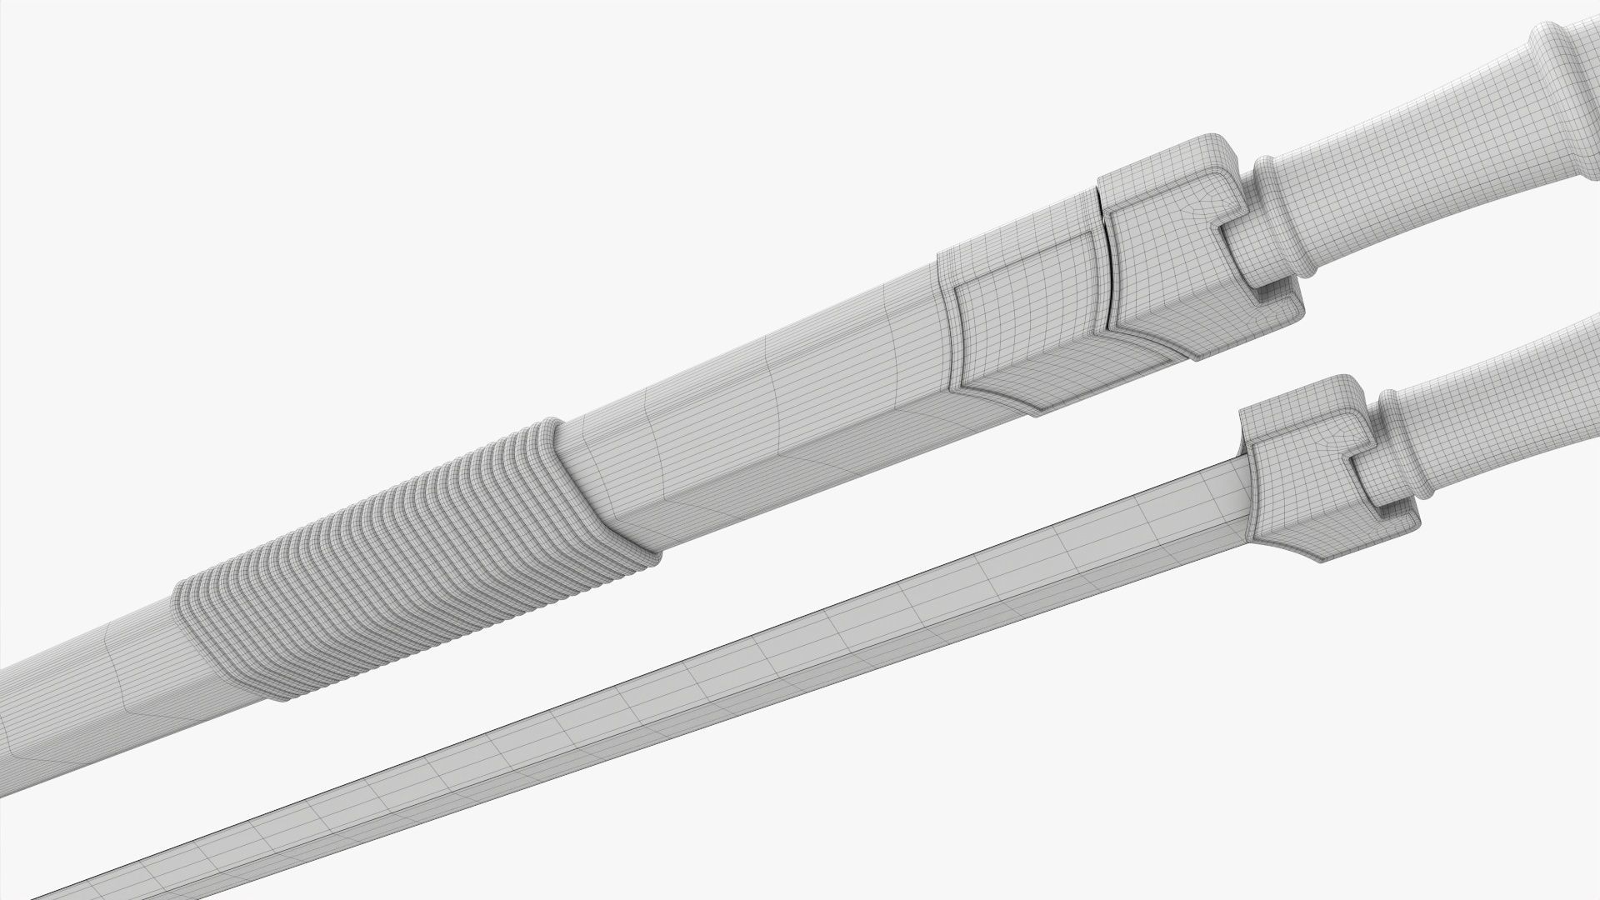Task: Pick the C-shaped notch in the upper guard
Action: (1250, 250)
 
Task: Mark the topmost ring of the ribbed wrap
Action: (550, 433)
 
